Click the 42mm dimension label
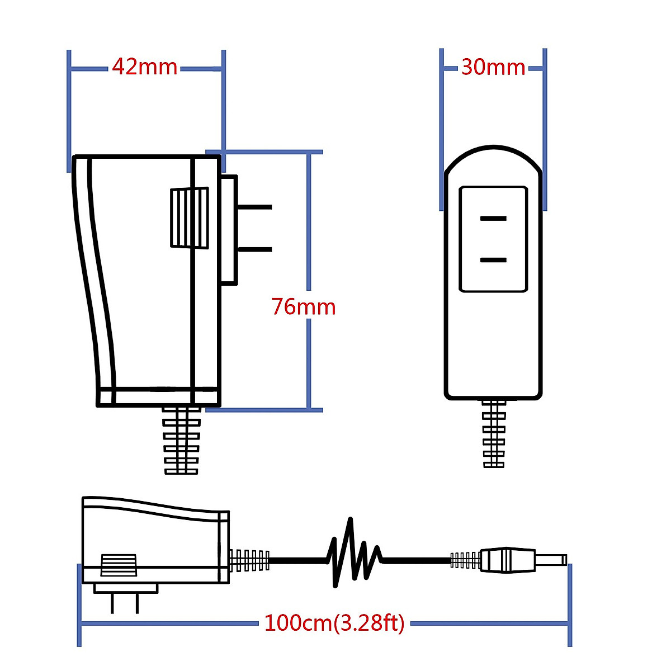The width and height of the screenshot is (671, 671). point(145,67)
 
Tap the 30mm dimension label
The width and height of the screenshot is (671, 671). point(493,68)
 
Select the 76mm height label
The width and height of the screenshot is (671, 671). point(304,307)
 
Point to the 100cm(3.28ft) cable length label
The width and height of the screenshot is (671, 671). point(334,622)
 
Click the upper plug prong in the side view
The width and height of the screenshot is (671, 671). point(254,207)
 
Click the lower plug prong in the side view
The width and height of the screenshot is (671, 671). point(254,249)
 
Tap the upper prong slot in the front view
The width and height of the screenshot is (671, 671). point(493,218)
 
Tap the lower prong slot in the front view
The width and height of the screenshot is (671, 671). point(493,259)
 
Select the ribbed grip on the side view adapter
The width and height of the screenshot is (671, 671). point(189,218)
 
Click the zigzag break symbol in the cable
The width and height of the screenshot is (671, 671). point(354,554)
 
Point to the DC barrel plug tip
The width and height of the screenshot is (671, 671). point(551,560)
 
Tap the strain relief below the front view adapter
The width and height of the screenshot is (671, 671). point(494,434)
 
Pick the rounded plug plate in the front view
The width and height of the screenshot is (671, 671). point(493,239)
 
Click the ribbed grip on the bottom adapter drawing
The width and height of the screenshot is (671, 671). point(119,565)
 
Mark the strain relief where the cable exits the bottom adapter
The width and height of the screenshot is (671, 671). point(249,560)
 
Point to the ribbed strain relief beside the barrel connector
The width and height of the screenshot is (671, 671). point(465,560)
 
